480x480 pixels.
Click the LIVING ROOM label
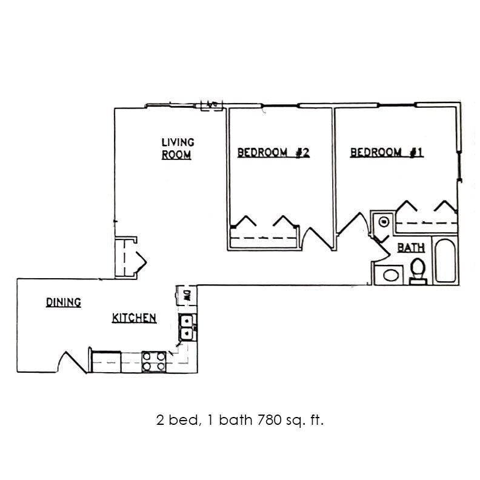tap(177, 148)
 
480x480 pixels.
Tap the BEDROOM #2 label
tap(273, 153)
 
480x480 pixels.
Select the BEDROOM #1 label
tap(386, 153)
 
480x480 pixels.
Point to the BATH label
tap(410, 248)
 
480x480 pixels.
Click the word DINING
tap(64, 302)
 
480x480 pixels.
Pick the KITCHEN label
tap(135, 318)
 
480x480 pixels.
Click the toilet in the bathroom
tap(418, 270)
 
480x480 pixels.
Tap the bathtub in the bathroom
tap(446, 261)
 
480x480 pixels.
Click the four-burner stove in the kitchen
tap(154, 362)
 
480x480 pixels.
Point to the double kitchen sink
tap(187, 327)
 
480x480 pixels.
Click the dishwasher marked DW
tap(186, 296)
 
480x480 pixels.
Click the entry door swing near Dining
tap(71, 361)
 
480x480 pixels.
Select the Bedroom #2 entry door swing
tap(315, 238)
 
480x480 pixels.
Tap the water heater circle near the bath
tap(383, 222)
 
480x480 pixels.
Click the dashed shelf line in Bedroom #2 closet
tap(264, 238)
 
